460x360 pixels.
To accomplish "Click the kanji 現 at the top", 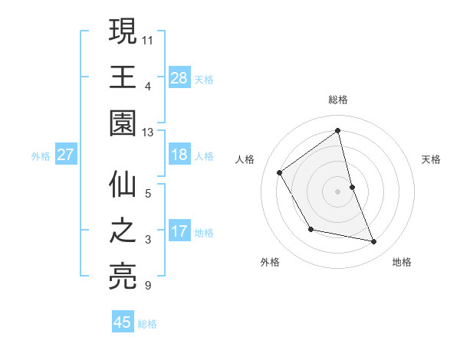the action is tap(123, 33).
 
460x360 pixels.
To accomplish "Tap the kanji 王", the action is tap(123, 77).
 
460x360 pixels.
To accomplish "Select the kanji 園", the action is tap(123, 122).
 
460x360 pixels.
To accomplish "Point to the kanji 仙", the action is tap(123, 186).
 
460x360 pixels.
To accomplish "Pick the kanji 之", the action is tap(123, 231).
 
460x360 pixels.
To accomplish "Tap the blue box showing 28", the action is tap(179, 77).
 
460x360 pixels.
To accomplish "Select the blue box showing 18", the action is tap(179, 155).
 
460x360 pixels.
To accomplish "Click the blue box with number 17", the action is tap(179, 231).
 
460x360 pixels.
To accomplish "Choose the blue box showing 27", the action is tap(65, 155).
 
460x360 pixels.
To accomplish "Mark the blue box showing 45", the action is tap(123, 322).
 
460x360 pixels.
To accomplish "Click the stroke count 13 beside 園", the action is tap(147, 133).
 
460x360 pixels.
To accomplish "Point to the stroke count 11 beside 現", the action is tap(147, 38).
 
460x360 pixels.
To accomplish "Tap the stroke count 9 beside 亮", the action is tap(147, 286).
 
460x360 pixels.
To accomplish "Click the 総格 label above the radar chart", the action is tap(338, 100).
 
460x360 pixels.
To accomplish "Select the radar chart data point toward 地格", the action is tap(374, 242).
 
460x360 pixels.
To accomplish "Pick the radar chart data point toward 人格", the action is tap(280, 172).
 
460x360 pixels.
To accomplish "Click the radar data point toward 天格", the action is tap(352, 187).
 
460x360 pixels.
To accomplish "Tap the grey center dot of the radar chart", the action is tap(338, 191).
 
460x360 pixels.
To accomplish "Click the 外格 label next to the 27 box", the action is tap(40, 156).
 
